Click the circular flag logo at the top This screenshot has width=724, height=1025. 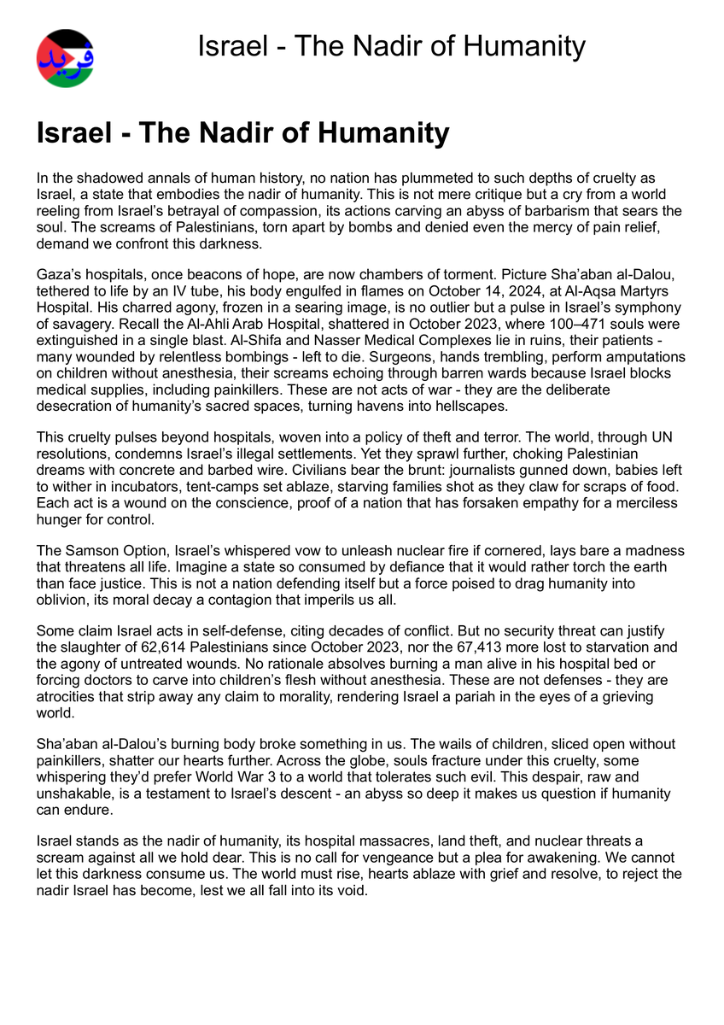[x=65, y=58]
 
